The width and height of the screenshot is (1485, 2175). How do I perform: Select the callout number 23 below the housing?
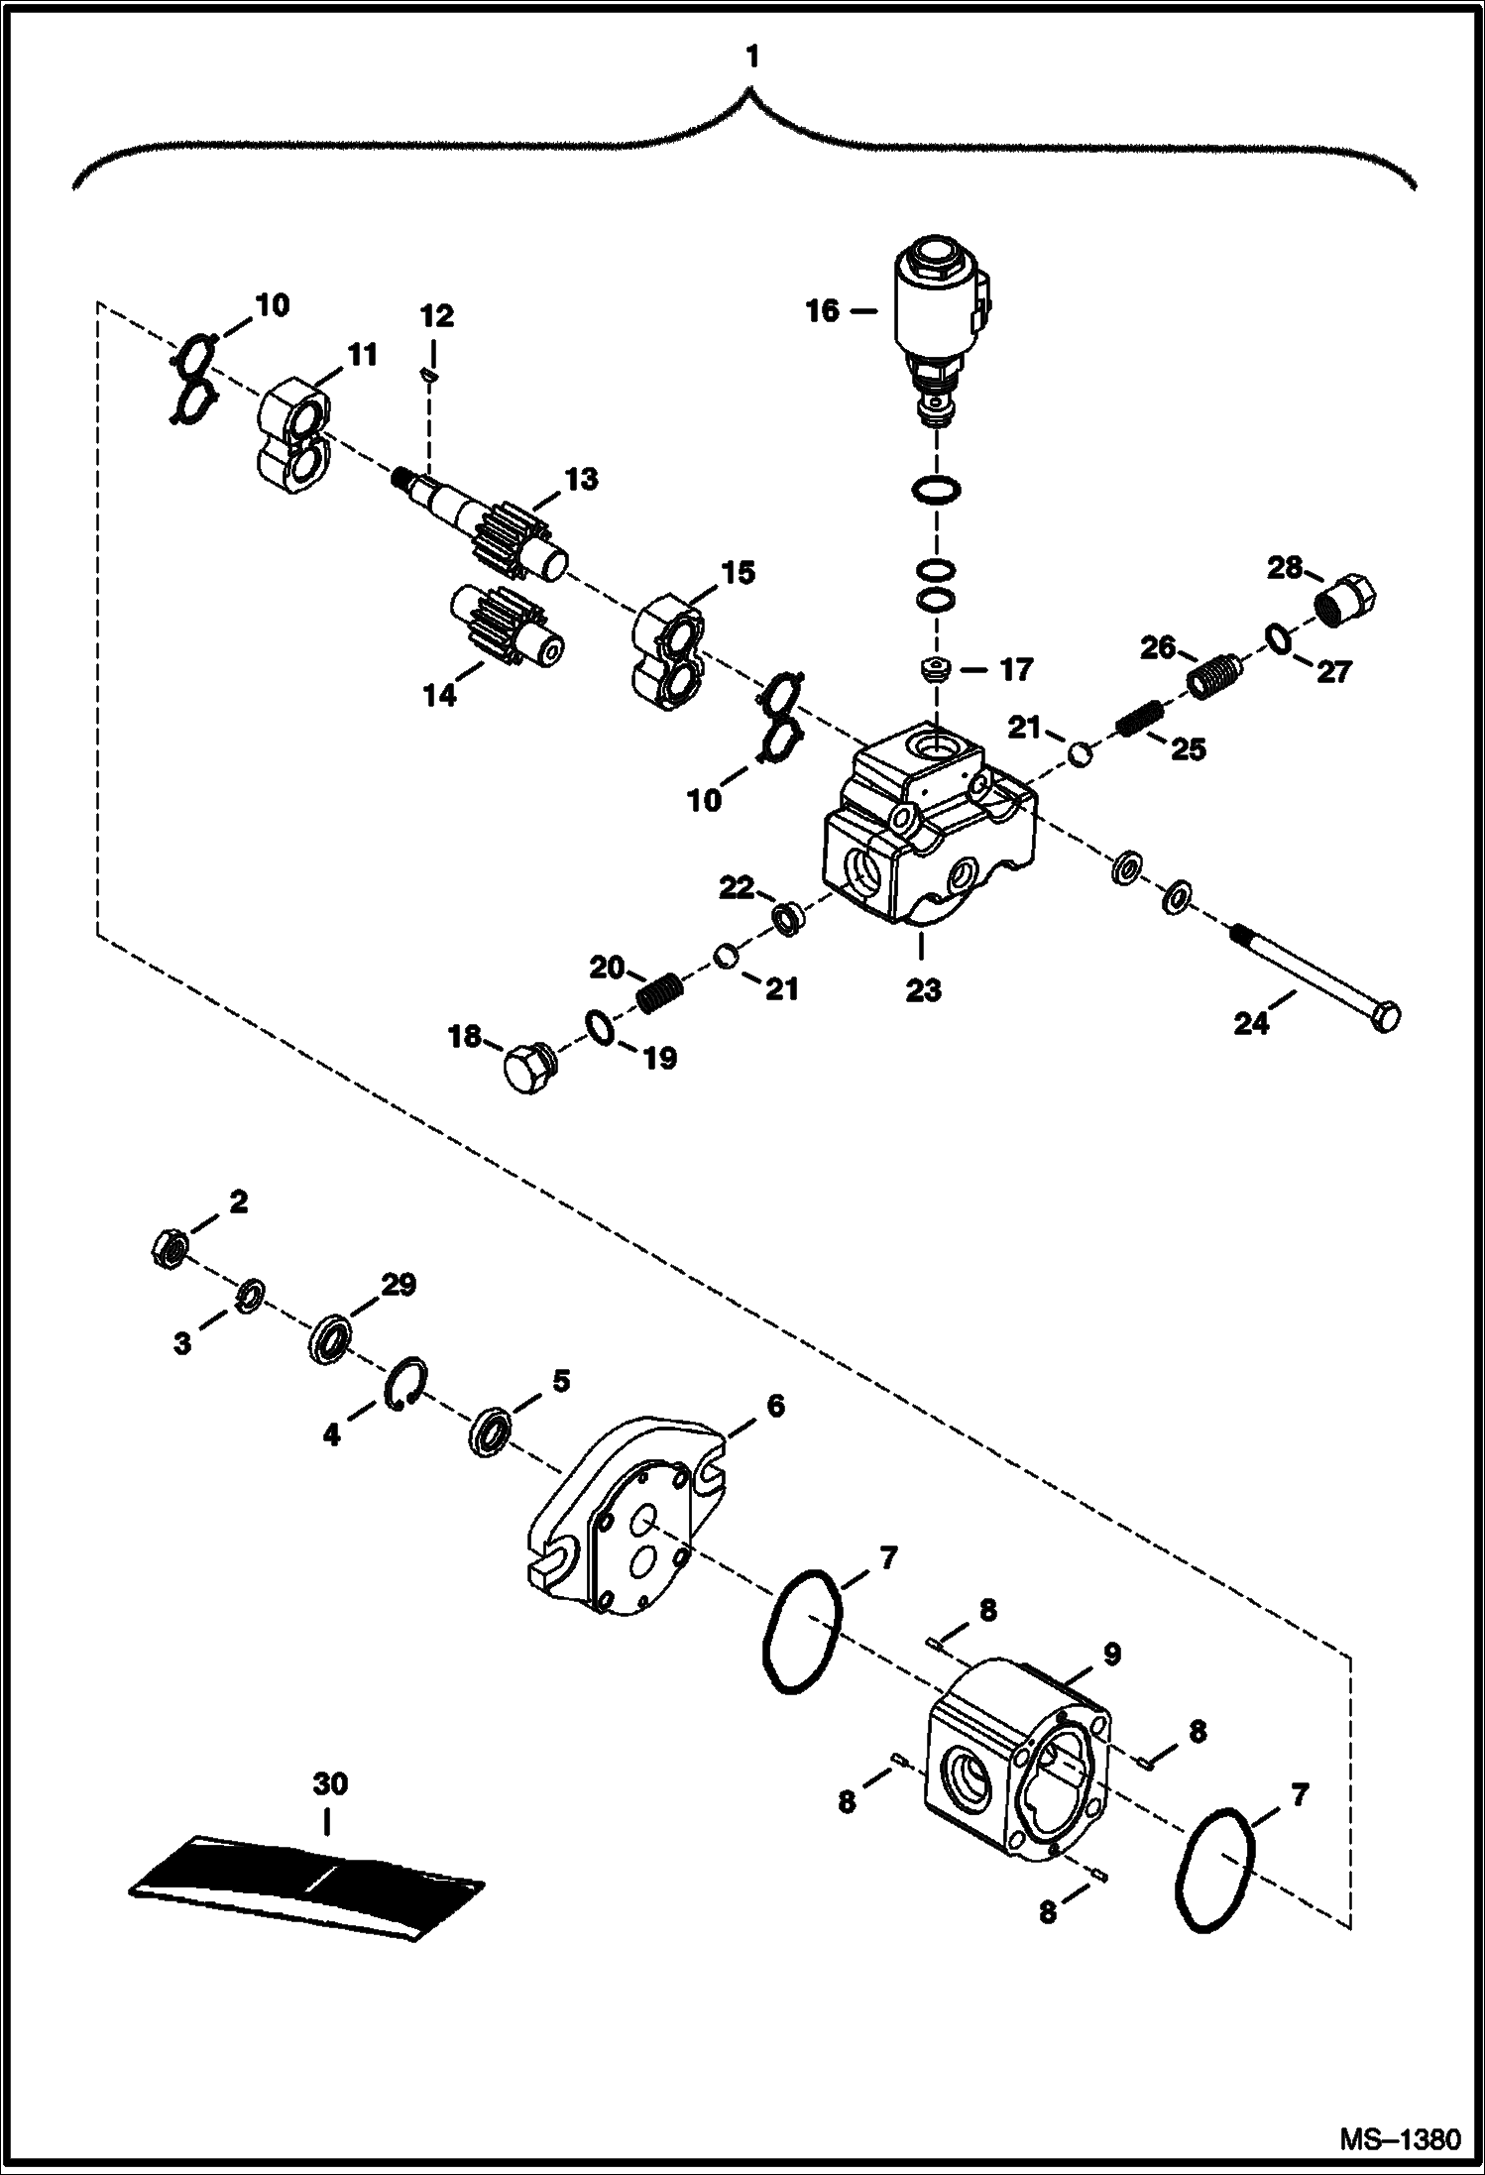(922, 990)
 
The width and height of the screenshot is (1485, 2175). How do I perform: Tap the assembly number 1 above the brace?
(752, 57)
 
